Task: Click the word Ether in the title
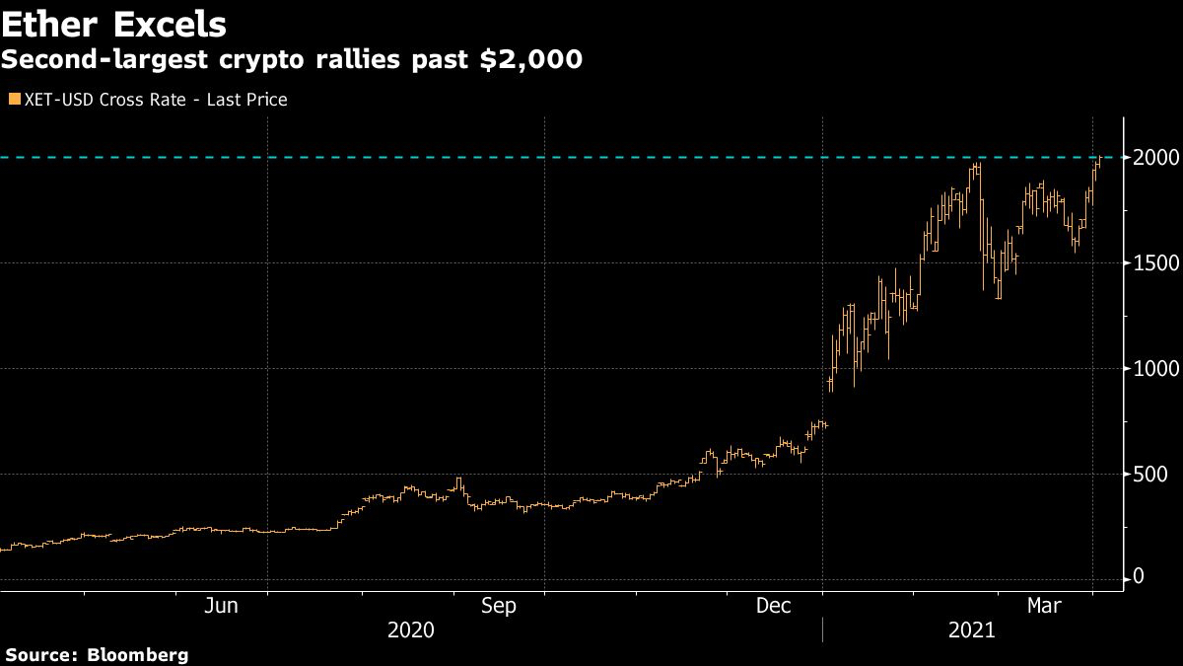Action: tap(48, 24)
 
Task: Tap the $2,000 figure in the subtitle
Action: tap(531, 60)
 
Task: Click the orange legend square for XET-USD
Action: tap(13, 99)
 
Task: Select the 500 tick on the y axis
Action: tap(1149, 475)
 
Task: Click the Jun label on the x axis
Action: tap(220, 607)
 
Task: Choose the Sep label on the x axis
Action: tap(498, 607)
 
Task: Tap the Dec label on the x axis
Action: tap(774, 607)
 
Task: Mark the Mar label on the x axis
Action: tap(1044, 607)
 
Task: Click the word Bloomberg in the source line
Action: tap(138, 655)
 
